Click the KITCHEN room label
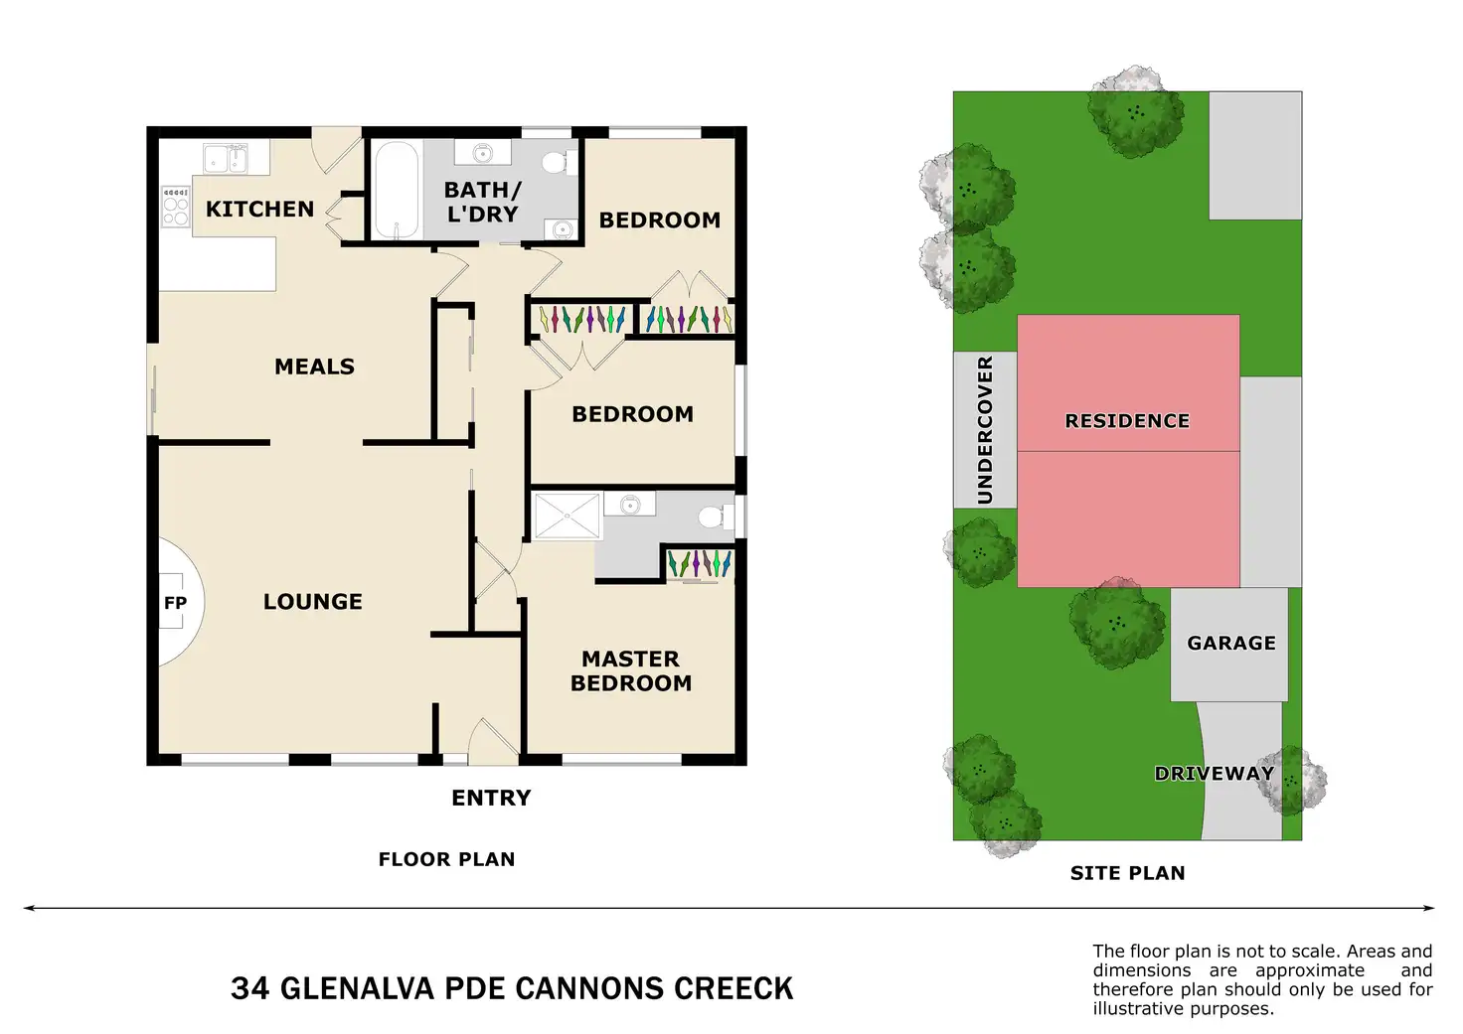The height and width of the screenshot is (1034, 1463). tap(260, 209)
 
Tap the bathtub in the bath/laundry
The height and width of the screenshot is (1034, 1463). tap(397, 190)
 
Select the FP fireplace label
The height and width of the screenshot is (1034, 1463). tap(175, 603)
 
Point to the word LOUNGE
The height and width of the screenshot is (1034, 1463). tap(313, 601)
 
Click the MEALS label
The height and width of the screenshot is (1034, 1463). tap(314, 367)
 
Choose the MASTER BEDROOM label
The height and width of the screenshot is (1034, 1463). tap(631, 670)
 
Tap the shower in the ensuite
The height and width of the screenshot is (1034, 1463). tap(567, 516)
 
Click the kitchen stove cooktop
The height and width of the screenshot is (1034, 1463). tap(176, 207)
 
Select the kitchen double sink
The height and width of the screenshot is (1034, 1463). tap(226, 158)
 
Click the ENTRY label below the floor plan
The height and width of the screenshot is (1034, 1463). tap(491, 797)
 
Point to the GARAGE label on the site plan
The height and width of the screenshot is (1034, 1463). tap(1231, 643)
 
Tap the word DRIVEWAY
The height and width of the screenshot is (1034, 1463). tap(1215, 774)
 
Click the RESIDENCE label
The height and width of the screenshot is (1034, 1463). tap(1127, 421)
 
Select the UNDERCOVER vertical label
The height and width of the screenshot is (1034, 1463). tap(984, 430)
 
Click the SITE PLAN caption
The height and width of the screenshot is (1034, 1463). tap(1127, 873)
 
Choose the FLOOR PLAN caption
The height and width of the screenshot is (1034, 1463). tap(446, 859)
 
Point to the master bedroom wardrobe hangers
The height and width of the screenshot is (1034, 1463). tap(699, 563)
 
